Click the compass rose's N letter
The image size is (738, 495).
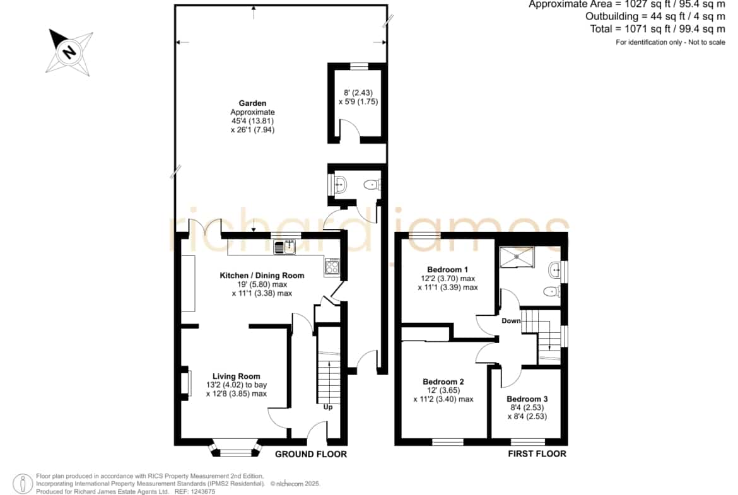point(69,51)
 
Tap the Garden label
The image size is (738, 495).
point(252,103)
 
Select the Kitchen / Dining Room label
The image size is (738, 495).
point(262,276)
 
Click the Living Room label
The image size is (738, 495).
point(237,376)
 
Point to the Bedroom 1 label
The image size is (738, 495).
point(447,270)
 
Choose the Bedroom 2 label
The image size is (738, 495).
point(443,381)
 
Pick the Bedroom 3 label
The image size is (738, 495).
point(527,399)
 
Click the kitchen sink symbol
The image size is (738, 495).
point(284,247)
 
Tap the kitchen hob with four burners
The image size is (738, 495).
point(332,267)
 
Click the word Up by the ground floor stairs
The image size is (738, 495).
point(328,407)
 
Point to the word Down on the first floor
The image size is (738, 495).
point(511,321)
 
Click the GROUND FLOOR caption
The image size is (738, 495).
point(310,454)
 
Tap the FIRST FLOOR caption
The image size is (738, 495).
point(537,453)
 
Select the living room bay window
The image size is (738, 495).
point(235,449)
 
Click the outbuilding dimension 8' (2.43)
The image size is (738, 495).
point(358,93)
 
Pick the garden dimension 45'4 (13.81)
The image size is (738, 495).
point(252,121)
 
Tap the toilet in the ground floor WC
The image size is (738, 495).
point(373,185)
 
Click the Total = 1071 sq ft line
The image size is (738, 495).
point(658,29)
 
